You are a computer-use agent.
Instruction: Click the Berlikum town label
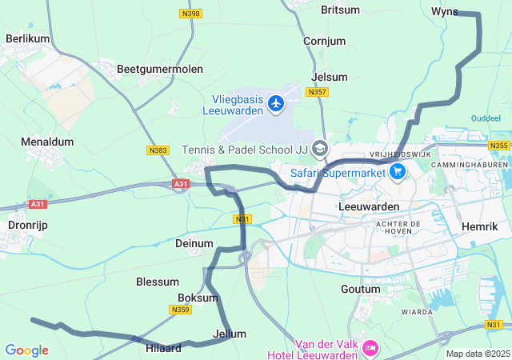point(27,38)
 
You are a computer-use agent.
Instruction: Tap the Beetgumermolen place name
point(160,70)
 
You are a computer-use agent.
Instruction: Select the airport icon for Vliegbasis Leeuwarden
point(277,102)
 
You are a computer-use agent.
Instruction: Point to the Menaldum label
point(47,142)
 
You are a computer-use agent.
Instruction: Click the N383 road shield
point(158,150)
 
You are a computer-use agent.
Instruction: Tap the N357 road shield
point(318,93)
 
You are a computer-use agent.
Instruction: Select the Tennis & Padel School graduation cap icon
point(320,148)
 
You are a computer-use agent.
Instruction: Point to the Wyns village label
point(444,11)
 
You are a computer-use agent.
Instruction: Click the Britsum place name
point(341,10)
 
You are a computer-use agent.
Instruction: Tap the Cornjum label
point(324,41)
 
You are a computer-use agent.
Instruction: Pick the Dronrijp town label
point(28,226)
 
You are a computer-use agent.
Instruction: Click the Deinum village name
point(194,243)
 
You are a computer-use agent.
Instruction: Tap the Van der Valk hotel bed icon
point(370,348)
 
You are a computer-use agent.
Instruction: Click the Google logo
point(26,350)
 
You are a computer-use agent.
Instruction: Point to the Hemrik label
point(480,227)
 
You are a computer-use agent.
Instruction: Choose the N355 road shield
point(499,145)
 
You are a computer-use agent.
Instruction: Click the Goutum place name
point(360,289)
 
